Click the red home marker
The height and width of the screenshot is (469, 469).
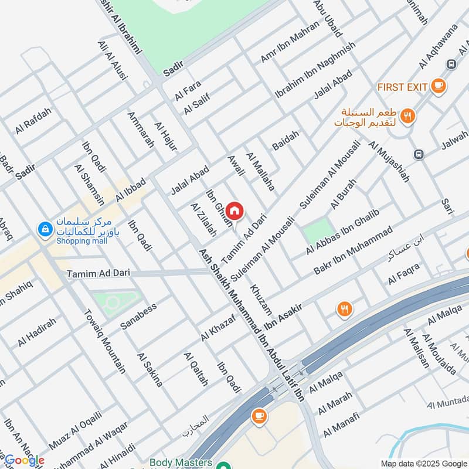tap(235, 210)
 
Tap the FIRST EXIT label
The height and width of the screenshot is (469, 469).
tap(402, 87)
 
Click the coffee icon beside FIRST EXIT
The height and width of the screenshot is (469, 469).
tap(437, 86)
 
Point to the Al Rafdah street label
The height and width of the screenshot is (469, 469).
tap(34, 121)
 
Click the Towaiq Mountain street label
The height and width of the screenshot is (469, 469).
tap(106, 342)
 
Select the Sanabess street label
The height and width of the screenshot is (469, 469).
tap(139, 317)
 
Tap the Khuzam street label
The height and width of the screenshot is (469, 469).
tap(261, 298)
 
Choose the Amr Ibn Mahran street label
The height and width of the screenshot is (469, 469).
tap(290, 45)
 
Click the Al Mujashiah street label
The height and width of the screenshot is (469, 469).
tap(388, 162)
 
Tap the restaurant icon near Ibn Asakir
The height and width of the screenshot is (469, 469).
tap(344, 308)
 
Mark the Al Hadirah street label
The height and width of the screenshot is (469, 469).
tap(37, 332)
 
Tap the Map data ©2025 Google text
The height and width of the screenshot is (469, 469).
tap(423, 463)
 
